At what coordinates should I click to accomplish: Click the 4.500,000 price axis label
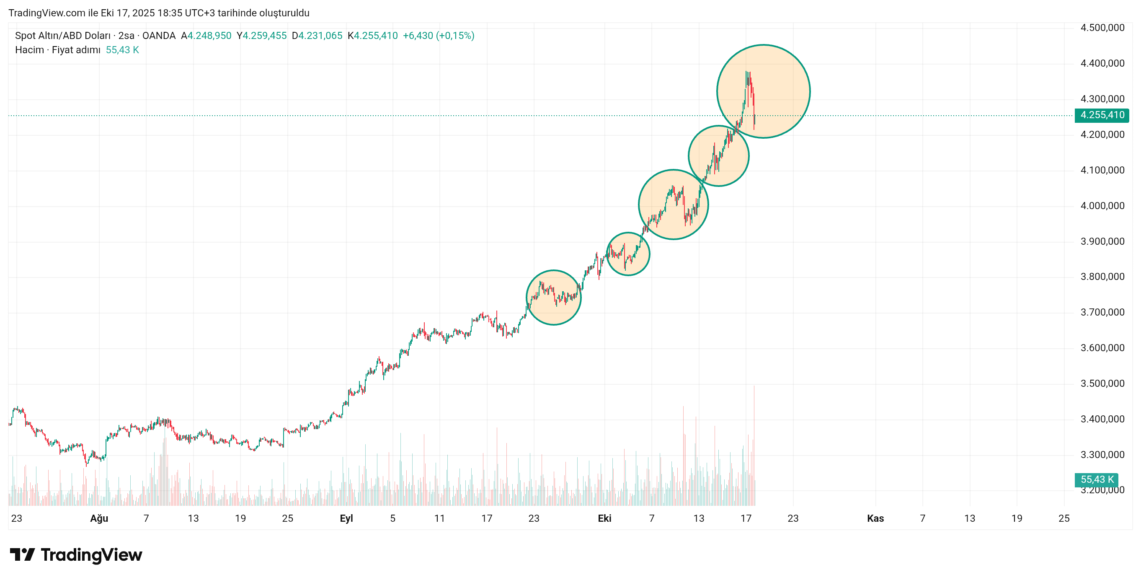[x=1102, y=28]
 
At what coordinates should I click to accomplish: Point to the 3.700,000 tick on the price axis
[x=1102, y=312]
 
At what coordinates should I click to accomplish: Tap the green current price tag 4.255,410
[x=1102, y=115]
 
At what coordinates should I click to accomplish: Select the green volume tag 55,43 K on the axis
[x=1096, y=479]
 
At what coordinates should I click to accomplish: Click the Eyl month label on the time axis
[x=346, y=518]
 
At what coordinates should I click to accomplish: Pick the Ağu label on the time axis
[x=99, y=518]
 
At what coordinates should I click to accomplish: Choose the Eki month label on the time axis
[x=604, y=518]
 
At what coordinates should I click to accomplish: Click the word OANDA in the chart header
[x=159, y=36]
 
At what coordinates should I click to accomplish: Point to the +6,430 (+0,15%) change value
[x=438, y=36]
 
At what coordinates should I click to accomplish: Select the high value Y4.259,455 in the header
[x=261, y=36]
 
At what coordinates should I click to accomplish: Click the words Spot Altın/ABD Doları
[x=62, y=36]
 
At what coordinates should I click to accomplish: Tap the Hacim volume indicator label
[x=29, y=49]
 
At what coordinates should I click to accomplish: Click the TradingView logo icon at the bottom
[x=22, y=555]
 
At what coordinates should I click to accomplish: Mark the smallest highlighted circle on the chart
[x=627, y=254]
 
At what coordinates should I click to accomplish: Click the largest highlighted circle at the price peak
[x=763, y=91]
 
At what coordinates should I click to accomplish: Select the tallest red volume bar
[x=754, y=443]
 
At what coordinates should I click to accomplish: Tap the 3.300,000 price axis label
[x=1102, y=455]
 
